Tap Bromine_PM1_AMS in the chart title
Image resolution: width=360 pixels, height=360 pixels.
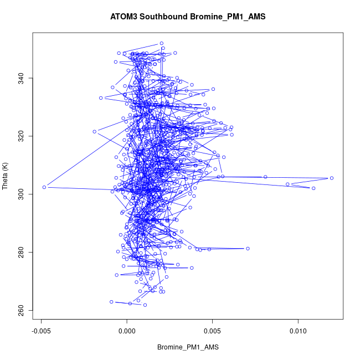(x=228, y=17)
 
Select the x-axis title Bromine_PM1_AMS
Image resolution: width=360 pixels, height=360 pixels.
(x=188, y=347)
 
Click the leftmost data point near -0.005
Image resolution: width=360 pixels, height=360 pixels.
(x=44, y=187)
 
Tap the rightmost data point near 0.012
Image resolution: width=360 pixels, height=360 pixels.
(x=332, y=178)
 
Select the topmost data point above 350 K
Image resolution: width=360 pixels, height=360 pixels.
(x=162, y=43)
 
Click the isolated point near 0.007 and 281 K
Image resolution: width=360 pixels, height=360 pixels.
(x=248, y=248)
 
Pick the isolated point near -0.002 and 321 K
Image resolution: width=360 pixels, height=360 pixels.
(x=95, y=132)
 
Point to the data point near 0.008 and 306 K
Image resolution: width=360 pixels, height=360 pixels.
(x=265, y=177)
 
